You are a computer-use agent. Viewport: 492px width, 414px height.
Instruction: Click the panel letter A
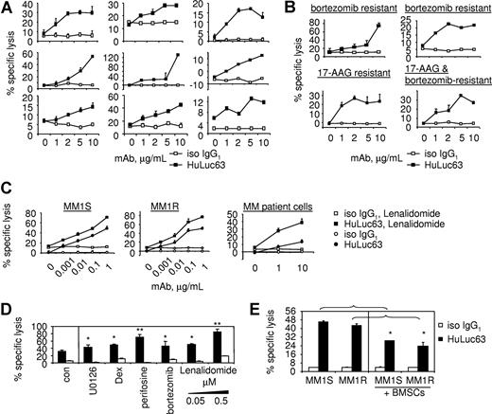pos(9,9)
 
